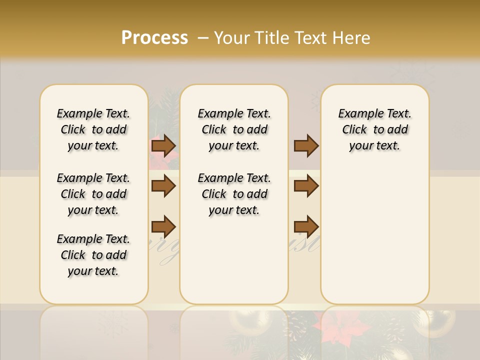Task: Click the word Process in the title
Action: click(x=154, y=38)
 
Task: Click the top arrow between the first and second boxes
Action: click(x=163, y=145)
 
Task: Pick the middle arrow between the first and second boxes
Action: click(x=163, y=186)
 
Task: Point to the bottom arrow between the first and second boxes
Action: click(x=163, y=226)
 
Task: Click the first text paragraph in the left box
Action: click(x=93, y=129)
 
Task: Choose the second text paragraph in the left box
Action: click(x=93, y=194)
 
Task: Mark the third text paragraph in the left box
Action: click(x=93, y=255)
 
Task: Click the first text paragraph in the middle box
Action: click(x=234, y=129)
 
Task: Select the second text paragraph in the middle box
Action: click(x=234, y=194)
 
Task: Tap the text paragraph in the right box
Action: click(x=375, y=129)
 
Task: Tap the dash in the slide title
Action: click(x=203, y=38)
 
